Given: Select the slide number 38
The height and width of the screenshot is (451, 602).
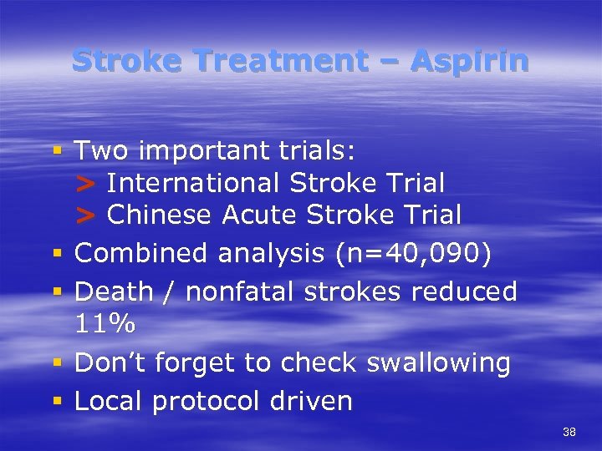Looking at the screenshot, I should point(569,432).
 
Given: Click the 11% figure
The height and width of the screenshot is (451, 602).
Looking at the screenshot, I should point(104,323).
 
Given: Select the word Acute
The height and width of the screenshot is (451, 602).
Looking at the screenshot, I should point(260,215).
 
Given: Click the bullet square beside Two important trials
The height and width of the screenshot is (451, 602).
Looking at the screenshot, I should point(58,151).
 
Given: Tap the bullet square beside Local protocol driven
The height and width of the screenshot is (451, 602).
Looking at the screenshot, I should point(58,401).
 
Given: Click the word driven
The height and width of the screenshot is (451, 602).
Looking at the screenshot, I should point(311,401).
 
